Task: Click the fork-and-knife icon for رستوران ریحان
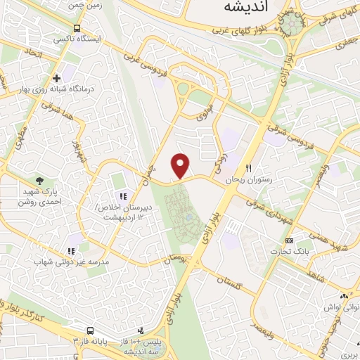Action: pos(248,168)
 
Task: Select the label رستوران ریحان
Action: pos(248,181)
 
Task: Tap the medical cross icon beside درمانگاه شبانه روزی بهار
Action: pos(56,77)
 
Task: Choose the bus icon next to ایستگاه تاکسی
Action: pos(76,27)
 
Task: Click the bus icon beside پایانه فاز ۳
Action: pos(90,330)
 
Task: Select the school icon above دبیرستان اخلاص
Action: pos(122,195)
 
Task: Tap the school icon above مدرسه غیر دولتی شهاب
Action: pos(70,250)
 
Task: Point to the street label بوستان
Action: pos(178,259)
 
